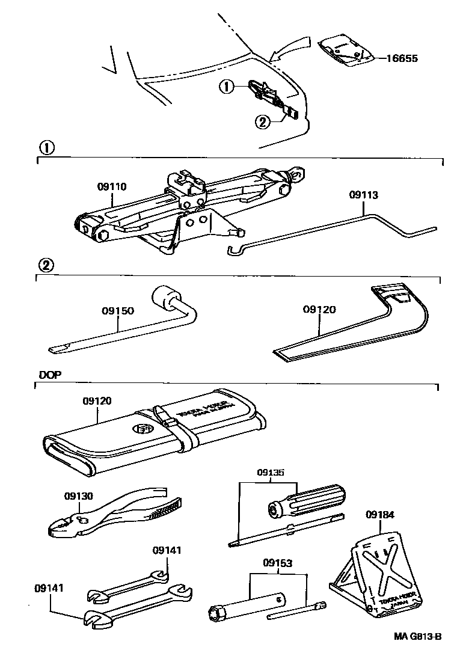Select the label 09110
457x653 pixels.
(x=112, y=187)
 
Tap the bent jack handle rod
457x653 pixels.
(x=337, y=235)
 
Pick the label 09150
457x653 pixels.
(x=117, y=311)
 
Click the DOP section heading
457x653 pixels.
(x=50, y=374)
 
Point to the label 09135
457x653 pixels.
(x=268, y=473)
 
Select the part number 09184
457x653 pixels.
(x=379, y=515)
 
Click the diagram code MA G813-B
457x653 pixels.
(x=418, y=637)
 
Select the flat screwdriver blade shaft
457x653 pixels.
(x=286, y=529)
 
